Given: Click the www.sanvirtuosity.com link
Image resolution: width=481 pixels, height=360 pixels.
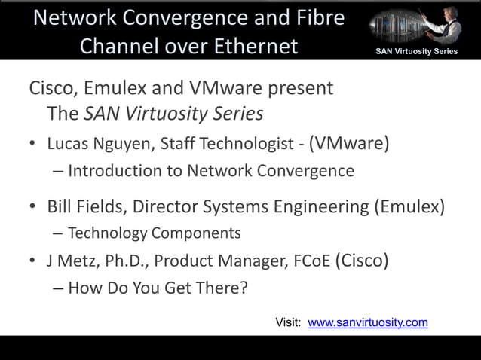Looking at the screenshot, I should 368,323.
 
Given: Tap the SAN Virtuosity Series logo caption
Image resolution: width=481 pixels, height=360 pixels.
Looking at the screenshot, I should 417,51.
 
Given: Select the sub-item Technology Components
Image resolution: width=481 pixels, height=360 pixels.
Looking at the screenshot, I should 155,233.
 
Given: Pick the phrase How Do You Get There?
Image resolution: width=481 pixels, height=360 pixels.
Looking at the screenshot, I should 158,288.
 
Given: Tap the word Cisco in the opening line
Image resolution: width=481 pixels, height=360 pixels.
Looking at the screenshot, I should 51,88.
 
